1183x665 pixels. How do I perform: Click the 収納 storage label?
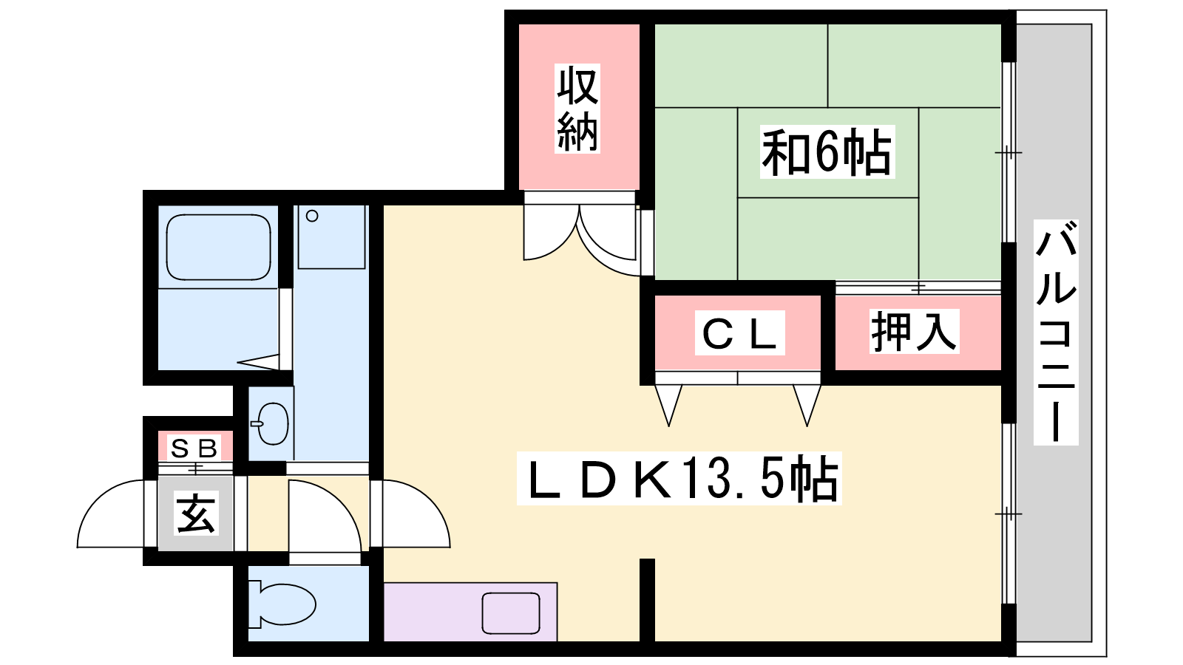[577, 109]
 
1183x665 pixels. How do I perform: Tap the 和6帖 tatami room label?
[827, 152]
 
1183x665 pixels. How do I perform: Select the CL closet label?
[739, 334]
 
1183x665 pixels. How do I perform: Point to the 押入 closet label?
[914, 332]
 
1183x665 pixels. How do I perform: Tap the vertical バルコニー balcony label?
[1055, 332]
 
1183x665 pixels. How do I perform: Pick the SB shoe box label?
[194, 448]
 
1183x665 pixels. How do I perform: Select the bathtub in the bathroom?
[218, 248]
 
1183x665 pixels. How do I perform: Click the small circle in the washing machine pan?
[312, 216]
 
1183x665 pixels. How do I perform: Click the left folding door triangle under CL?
[668, 403]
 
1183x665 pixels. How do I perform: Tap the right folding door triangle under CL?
[807, 403]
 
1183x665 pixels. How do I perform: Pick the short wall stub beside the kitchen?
[647, 598]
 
